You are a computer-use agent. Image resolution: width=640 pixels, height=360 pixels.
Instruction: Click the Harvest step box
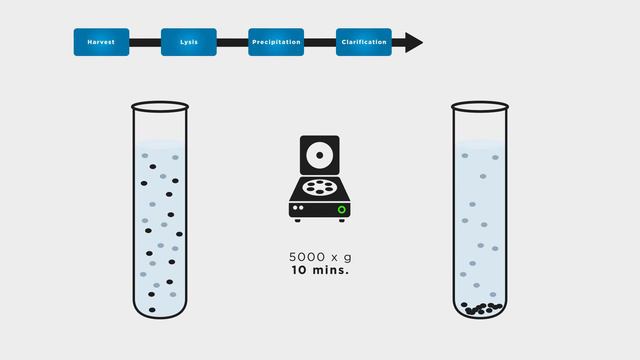[101, 42]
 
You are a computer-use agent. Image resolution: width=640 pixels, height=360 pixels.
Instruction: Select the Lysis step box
[189, 42]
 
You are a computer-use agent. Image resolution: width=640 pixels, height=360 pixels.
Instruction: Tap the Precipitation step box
[276, 42]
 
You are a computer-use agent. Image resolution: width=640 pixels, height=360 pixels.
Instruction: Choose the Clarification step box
[364, 42]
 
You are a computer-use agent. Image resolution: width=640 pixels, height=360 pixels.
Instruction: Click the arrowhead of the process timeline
[413, 42]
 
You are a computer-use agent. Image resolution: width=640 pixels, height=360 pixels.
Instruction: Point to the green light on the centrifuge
[342, 210]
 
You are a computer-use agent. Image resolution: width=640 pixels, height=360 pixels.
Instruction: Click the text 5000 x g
[320, 257]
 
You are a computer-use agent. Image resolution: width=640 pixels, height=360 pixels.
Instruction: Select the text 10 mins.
[320, 270]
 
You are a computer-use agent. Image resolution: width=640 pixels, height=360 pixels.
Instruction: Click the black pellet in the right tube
[481, 309]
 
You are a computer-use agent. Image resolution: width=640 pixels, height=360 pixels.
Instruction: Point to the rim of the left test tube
[160, 103]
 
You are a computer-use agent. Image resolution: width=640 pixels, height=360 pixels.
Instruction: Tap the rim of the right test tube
[480, 105]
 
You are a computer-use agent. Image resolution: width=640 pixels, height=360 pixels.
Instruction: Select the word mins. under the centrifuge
[332, 270]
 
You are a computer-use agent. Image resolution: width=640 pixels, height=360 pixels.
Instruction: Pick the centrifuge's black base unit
[320, 207]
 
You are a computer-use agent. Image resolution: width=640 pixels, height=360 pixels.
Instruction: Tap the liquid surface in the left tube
[160, 140]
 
